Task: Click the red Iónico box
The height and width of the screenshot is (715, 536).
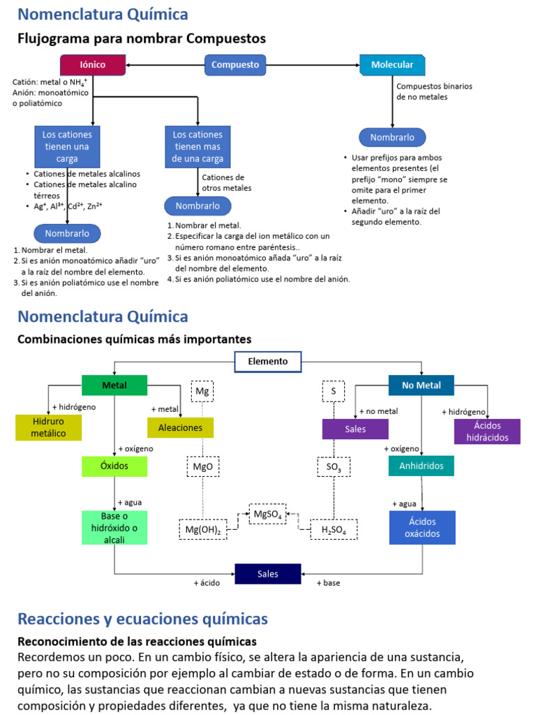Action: (93, 65)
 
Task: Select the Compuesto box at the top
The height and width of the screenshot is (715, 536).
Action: (235, 65)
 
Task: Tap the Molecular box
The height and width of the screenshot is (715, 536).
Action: (392, 65)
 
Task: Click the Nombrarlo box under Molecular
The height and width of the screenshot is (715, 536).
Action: (392, 138)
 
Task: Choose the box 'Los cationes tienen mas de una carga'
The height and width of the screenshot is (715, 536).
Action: (198, 147)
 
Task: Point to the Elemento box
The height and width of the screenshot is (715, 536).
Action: (267, 362)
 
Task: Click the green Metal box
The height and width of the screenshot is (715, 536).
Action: (114, 385)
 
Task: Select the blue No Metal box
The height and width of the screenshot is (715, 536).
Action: (422, 385)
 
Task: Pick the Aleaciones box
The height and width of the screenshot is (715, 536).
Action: (180, 427)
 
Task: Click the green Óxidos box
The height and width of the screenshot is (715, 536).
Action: (114, 466)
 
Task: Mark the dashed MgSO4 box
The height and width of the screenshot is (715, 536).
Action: (267, 515)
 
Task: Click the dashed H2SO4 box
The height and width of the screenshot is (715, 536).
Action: (334, 530)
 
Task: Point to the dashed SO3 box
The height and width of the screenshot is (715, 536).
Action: (334, 466)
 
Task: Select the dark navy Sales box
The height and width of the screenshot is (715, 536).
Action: (267, 574)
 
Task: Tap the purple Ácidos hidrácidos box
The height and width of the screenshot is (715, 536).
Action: (487, 431)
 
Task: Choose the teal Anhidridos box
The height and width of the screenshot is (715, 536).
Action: (422, 466)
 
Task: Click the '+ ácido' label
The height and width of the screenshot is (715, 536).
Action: (207, 583)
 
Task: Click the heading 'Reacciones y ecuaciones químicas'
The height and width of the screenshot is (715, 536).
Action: (142, 619)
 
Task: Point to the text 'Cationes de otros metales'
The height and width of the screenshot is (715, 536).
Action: (226, 183)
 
